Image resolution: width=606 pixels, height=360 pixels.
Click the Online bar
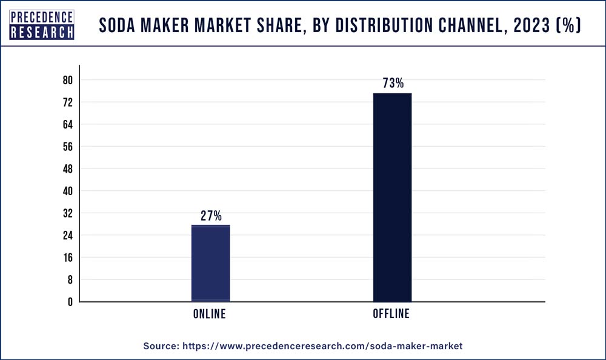tap(210, 263)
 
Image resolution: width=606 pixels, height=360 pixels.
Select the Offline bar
tap(392, 197)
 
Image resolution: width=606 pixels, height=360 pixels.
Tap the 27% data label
tap(211, 216)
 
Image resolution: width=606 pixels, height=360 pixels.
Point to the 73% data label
tap(393, 84)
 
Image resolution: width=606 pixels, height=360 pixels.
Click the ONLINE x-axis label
tap(210, 314)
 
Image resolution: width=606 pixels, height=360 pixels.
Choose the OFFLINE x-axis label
tap(391, 314)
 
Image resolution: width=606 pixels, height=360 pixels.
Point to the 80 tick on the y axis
tap(68, 81)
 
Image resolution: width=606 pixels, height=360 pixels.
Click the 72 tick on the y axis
tap(68, 102)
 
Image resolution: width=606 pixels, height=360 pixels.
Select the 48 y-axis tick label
tap(68, 169)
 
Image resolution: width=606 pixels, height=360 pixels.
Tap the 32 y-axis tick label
tap(68, 213)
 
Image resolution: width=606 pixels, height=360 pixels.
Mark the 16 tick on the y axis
tap(68, 258)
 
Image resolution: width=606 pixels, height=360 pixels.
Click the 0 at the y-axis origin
tap(70, 302)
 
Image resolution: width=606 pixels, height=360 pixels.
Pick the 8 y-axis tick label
tap(70, 280)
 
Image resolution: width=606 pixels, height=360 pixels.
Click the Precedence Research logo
tap(42, 25)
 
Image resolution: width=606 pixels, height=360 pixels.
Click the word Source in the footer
tap(161, 345)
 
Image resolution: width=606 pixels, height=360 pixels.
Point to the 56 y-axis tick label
tap(68, 147)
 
